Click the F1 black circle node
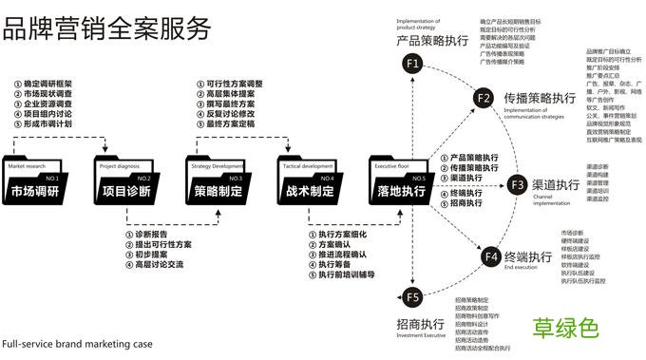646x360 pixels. point(411,64)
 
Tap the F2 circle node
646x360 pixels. point(483,98)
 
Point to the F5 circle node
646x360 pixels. point(411,298)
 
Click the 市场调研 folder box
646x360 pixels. point(35,184)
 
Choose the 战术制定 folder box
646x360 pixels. point(310,184)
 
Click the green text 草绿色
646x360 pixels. point(565,330)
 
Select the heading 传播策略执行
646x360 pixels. point(540,98)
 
